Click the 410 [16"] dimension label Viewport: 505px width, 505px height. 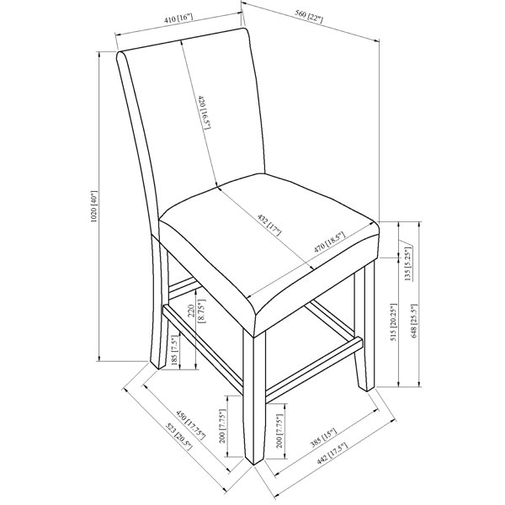click(x=178, y=18)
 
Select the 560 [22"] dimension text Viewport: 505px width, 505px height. click(x=309, y=17)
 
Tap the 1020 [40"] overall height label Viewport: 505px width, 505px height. click(x=93, y=206)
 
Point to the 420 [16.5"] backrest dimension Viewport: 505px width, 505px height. click(x=205, y=112)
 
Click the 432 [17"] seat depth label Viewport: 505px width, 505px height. click(x=269, y=225)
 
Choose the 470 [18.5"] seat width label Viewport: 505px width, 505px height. click(x=329, y=242)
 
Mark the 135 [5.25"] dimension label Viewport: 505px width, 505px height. click(x=408, y=264)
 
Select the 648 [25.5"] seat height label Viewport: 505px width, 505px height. click(x=414, y=322)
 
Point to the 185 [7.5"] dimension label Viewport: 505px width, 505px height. click(x=174, y=350)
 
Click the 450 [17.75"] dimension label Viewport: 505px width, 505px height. click(x=191, y=425)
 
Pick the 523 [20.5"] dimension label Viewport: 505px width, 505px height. click(x=179, y=436)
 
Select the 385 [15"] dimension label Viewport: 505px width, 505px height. click(x=323, y=438)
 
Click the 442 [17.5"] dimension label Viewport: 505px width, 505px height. click(x=332, y=453)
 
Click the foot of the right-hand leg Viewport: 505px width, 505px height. click(x=367, y=390)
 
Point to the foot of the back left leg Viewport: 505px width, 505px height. click(x=158, y=368)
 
